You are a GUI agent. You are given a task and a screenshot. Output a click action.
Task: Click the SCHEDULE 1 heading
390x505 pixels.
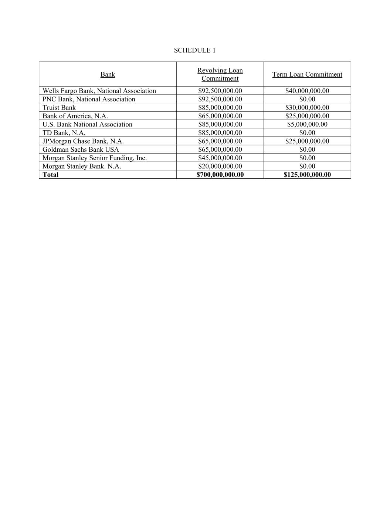(x=194, y=50)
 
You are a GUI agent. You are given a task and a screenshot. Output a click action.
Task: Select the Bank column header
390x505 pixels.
(x=108, y=74)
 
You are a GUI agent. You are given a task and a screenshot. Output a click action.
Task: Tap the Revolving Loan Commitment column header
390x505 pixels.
(x=220, y=74)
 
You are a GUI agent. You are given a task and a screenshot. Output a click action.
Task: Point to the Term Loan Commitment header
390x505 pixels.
(x=307, y=74)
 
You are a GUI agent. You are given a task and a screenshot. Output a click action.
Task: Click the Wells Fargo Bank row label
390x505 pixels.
(x=99, y=91)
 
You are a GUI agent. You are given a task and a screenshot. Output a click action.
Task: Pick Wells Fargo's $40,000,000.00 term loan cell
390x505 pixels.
(x=307, y=91)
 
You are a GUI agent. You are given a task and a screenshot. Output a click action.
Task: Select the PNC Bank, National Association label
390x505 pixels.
(x=89, y=99)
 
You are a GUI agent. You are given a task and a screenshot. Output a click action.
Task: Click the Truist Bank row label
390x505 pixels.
(x=59, y=108)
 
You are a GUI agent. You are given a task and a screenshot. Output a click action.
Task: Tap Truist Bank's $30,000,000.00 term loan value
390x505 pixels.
(x=307, y=108)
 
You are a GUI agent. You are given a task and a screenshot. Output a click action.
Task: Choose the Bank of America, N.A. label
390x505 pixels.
(x=75, y=116)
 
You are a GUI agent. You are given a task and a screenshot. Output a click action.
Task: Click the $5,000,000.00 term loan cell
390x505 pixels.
(x=307, y=124)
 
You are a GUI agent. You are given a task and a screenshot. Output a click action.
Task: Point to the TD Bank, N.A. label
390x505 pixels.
(x=64, y=133)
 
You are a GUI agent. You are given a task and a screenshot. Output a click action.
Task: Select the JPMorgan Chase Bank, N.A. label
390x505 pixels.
(x=83, y=141)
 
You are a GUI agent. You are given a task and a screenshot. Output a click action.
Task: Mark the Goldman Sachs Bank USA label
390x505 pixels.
(x=81, y=149)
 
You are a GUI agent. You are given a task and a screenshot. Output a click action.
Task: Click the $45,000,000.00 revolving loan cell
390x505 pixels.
(x=220, y=158)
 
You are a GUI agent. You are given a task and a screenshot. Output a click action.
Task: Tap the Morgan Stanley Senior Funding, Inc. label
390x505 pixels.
(x=95, y=158)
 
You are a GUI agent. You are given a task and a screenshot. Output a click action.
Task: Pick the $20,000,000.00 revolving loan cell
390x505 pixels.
(x=220, y=166)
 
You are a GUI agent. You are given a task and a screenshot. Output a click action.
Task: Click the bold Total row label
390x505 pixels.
(x=51, y=175)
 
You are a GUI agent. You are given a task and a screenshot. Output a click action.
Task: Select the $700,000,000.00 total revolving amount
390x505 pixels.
(x=220, y=175)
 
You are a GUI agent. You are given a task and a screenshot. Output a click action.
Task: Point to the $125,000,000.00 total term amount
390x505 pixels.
(x=307, y=175)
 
